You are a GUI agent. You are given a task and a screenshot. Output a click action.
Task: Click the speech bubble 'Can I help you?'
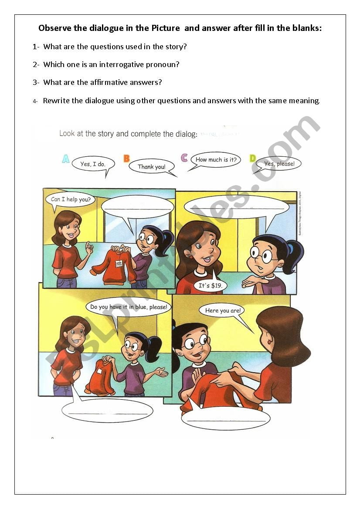(70, 200)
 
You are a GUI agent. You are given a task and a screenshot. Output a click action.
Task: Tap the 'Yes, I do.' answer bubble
(93, 164)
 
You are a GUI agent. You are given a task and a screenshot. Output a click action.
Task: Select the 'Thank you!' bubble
(152, 166)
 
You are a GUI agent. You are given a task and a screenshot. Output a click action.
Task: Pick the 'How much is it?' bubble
(216, 160)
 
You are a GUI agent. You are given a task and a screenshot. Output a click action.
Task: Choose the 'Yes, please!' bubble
(279, 164)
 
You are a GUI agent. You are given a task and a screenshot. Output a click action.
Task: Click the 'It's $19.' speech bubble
(211, 286)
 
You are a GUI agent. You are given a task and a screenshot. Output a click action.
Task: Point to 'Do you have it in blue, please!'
(129, 307)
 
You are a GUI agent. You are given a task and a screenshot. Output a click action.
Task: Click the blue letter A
(65, 159)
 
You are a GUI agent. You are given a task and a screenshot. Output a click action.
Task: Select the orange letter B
(126, 158)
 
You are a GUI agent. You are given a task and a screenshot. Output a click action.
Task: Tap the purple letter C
(184, 158)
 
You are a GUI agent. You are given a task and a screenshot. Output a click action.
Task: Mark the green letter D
(252, 158)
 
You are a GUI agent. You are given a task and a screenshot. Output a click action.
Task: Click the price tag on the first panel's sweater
(118, 264)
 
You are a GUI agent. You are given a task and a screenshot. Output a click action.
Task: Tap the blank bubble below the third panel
(107, 410)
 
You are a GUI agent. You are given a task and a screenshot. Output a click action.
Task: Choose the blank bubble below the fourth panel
(225, 418)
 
